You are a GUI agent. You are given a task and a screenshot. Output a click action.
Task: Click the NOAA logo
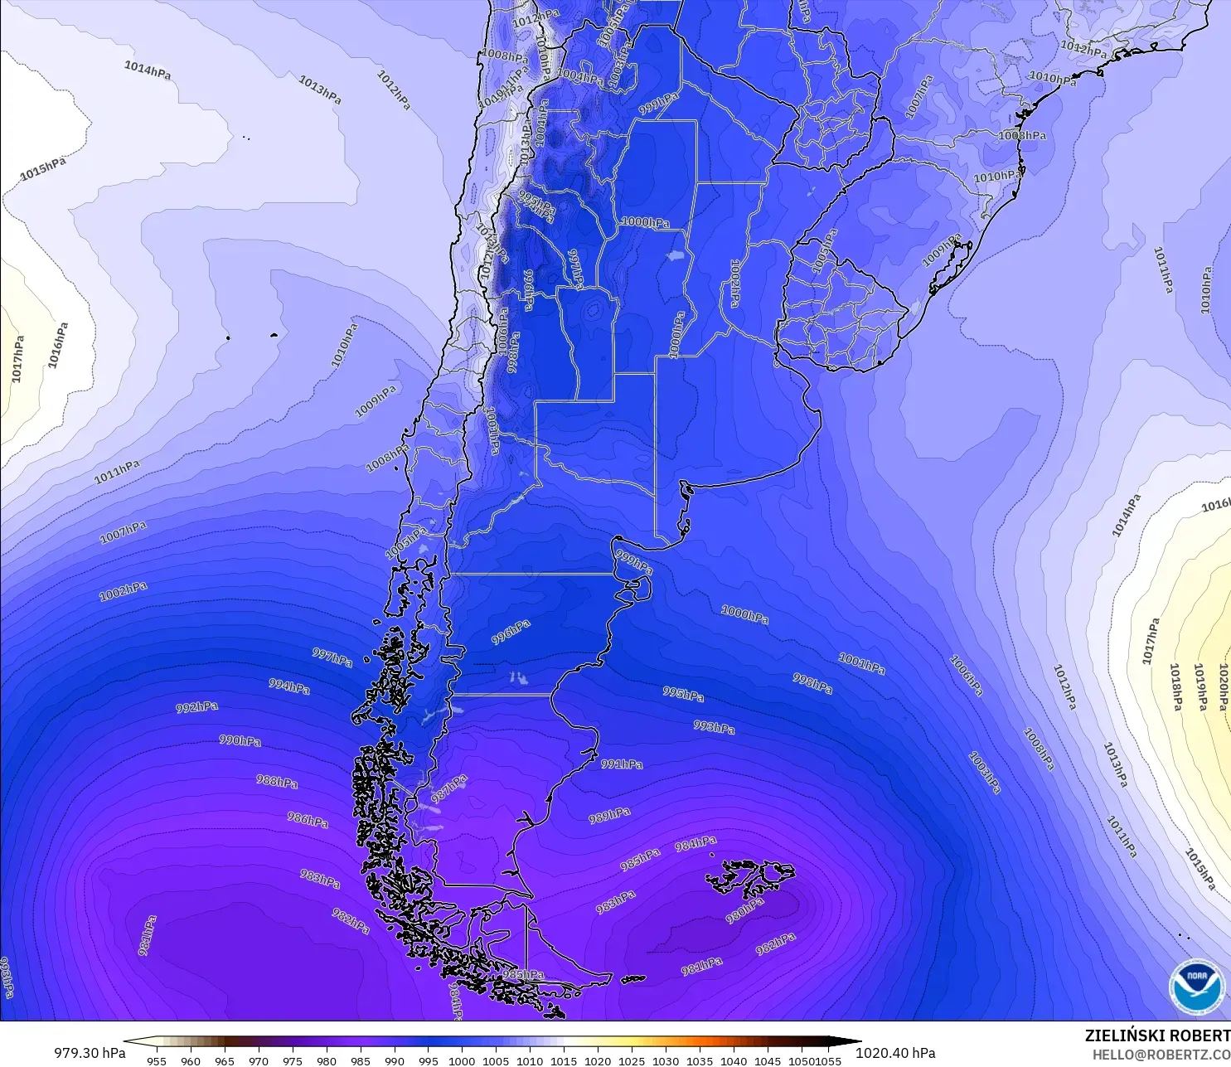tap(1196, 986)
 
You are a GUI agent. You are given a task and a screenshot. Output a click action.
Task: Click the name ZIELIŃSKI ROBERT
tap(1157, 1035)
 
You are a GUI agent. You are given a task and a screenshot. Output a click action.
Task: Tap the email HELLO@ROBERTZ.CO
tap(1161, 1055)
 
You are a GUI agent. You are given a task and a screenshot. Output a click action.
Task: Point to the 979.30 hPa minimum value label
tap(90, 1053)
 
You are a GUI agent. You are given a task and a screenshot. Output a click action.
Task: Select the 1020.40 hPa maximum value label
tap(895, 1053)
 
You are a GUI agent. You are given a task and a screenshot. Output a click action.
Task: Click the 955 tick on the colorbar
tap(157, 1060)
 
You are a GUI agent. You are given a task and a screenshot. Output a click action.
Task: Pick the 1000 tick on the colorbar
tap(462, 1060)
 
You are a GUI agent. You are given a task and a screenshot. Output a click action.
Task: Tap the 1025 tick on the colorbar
tap(632, 1060)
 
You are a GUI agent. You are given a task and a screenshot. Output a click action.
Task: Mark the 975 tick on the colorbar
tap(292, 1060)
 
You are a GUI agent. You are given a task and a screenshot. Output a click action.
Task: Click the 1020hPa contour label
tap(1224, 687)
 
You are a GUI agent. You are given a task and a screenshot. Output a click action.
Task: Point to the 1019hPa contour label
tap(1199, 686)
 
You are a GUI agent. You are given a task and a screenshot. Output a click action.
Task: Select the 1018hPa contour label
tap(1175, 686)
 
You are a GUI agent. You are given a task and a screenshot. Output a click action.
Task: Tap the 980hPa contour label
tap(744, 909)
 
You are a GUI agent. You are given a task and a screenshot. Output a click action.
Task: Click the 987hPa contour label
tap(449, 788)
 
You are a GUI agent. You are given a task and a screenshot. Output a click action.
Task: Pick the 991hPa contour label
tap(622, 764)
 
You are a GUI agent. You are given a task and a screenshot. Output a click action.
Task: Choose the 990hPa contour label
tap(240, 740)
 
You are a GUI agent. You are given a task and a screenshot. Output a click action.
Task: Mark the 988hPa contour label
tap(277, 781)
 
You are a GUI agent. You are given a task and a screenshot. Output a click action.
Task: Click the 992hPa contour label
tap(197, 707)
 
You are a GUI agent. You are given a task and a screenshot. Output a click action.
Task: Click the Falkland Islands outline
tap(750, 877)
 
